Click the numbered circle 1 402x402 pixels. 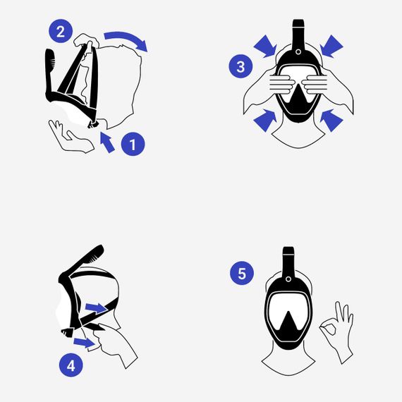pos(132,145)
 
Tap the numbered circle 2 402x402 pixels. pos(61,32)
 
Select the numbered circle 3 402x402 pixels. pos(240,67)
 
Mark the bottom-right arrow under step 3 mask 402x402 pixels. pos(331,120)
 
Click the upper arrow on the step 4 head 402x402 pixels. pos(97,307)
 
